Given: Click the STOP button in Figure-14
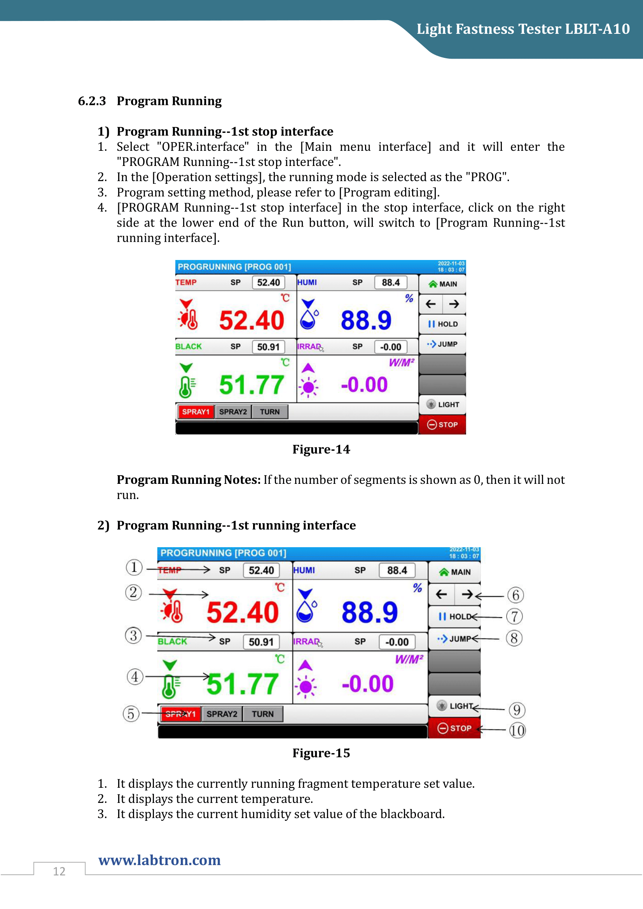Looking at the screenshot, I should (x=442, y=424).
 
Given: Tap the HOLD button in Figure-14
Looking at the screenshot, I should (x=443, y=324).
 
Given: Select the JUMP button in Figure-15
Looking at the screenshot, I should (x=454, y=639).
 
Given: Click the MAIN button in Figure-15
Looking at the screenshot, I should (x=454, y=572).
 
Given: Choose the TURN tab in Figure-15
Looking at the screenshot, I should (x=262, y=714).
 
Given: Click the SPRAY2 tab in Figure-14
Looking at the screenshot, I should (x=233, y=412).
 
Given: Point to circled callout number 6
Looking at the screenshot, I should (x=515, y=595).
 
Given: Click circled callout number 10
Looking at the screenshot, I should (x=517, y=731).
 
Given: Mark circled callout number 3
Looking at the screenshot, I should (x=133, y=635).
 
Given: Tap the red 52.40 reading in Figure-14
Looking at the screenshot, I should (x=252, y=320).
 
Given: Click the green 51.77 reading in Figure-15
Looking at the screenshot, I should (x=242, y=684).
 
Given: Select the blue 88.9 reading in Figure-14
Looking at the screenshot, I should (x=366, y=320).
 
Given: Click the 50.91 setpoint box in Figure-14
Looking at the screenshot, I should (x=268, y=347).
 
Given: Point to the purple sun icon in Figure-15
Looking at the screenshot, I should (x=305, y=686).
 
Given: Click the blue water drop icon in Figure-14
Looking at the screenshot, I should (x=308, y=319).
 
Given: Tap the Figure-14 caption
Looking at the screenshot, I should (x=321, y=449).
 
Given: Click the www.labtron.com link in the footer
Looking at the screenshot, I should (x=159, y=860).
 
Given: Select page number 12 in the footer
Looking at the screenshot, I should (x=59, y=871).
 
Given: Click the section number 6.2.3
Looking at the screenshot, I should (x=92, y=101).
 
